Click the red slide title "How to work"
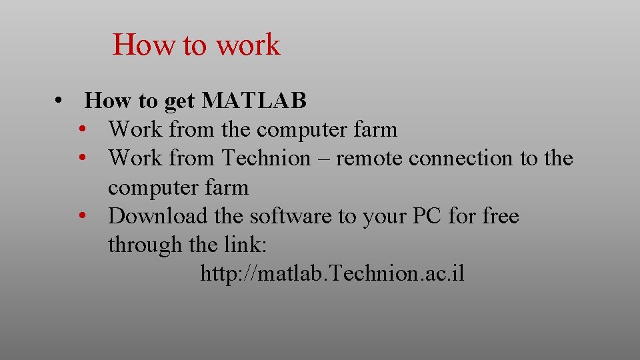[x=197, y=45]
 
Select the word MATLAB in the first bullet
[x=254, y=101]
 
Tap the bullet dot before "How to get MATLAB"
[x=60, y=101]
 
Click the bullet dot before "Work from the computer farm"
[x=84, y=129]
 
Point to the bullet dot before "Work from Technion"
[x=84, y=159]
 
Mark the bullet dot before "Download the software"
[x=84, y=216]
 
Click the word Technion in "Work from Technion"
[x=266, y=159]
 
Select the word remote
[x=369, y=159]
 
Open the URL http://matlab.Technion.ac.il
[x=332, y=274]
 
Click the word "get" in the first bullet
[x=179, y=101]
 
